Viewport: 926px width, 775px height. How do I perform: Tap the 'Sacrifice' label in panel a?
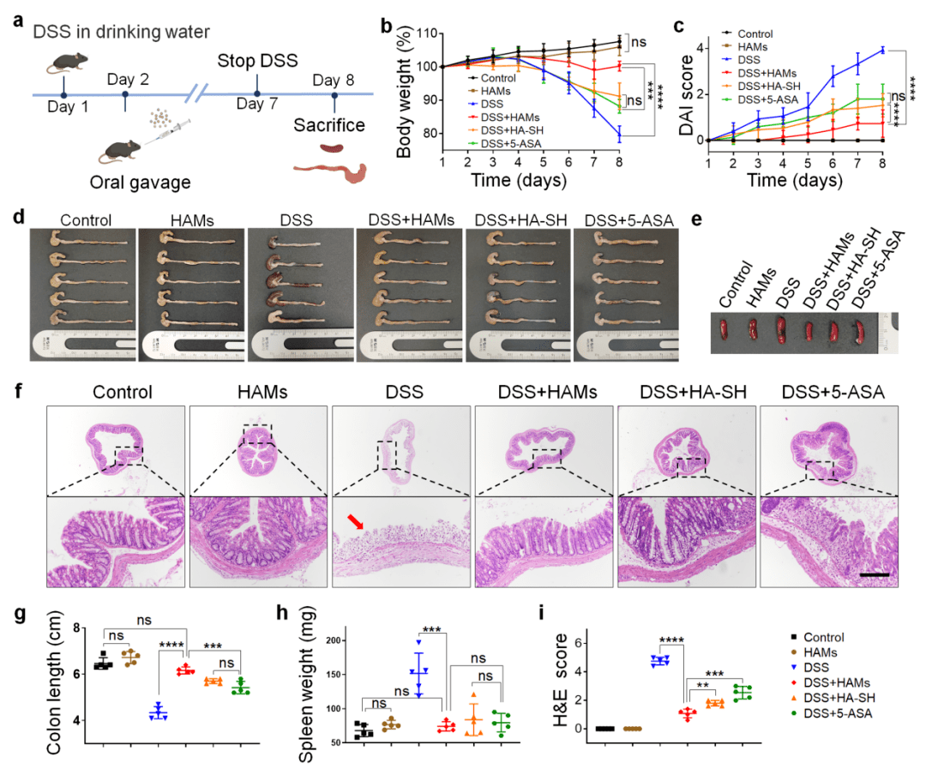(x=330, y=125)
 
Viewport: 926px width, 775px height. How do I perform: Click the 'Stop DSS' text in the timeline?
(x=256, y=62)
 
